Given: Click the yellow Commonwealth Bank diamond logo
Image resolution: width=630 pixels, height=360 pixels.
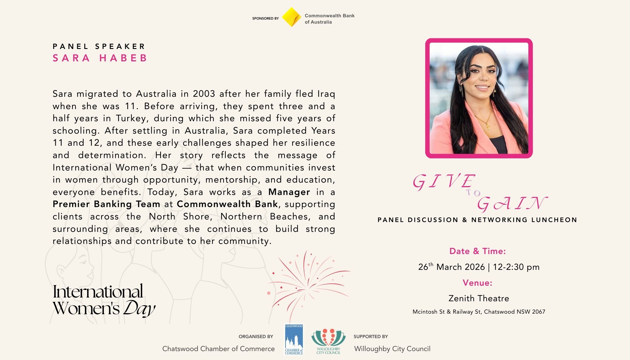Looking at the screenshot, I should click(291, 17).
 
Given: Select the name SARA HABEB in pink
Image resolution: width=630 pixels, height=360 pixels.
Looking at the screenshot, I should click(100, 58).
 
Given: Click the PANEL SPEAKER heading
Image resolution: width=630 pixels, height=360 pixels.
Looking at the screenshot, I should click(99, 46).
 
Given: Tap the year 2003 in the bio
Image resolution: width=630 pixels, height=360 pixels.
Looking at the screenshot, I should click(204, 94).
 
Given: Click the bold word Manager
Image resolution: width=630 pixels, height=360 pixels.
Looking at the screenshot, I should click(289, 192).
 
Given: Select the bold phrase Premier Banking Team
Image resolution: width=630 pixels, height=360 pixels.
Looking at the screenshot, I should click(106, 204).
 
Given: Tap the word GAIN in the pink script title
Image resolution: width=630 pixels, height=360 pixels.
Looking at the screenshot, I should click(512, 204).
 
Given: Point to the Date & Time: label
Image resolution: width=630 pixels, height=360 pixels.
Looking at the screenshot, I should click(477, 251).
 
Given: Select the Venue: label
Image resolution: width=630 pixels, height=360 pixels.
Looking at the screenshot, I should click(477, 283).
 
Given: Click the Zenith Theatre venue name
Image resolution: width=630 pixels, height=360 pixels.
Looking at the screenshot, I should click(479, 298).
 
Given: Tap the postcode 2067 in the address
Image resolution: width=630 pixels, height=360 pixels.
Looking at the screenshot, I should click(538, 312).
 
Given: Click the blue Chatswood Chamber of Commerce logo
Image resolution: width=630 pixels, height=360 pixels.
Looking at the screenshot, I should click(294, 340).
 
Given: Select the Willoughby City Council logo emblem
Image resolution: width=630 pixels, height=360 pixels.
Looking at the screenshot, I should click(328, 338).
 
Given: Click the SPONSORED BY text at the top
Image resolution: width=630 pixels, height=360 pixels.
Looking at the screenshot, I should click(265, 18).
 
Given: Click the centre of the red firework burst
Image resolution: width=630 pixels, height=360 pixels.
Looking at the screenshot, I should click(307, 287).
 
